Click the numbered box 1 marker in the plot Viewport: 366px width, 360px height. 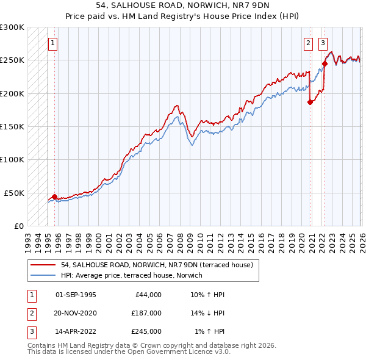[54, 43]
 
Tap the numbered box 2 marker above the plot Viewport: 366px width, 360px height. [309, 43]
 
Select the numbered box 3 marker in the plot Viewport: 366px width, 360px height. [323, 43]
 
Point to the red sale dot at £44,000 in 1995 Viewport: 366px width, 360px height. [55, 196]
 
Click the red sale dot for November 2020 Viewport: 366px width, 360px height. [310, 102]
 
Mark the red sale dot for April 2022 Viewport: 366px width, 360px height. [325, 63]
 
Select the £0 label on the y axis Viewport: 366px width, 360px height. [18, 226]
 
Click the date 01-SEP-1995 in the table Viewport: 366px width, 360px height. [76, 295]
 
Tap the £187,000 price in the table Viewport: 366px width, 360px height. [146, 313]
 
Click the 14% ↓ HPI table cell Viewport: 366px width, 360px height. [207, 313]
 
